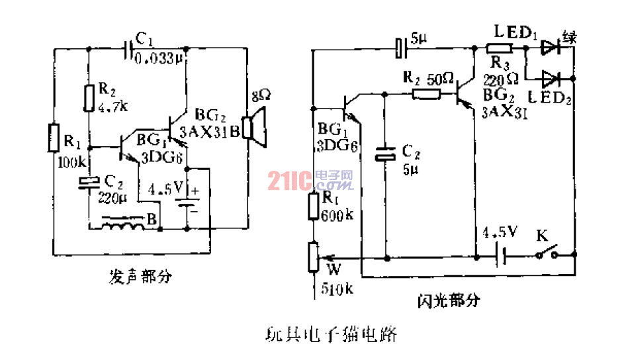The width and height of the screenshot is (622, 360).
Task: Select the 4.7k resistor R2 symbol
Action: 87,97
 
